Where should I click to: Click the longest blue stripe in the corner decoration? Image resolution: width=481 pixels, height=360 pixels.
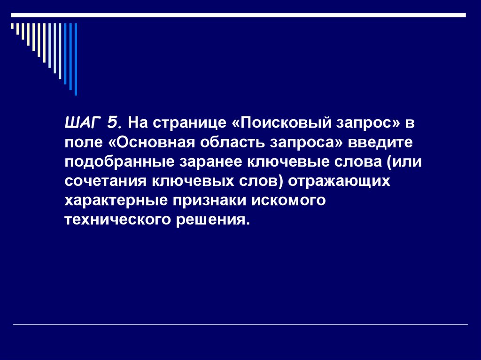[x=76, y=59]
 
